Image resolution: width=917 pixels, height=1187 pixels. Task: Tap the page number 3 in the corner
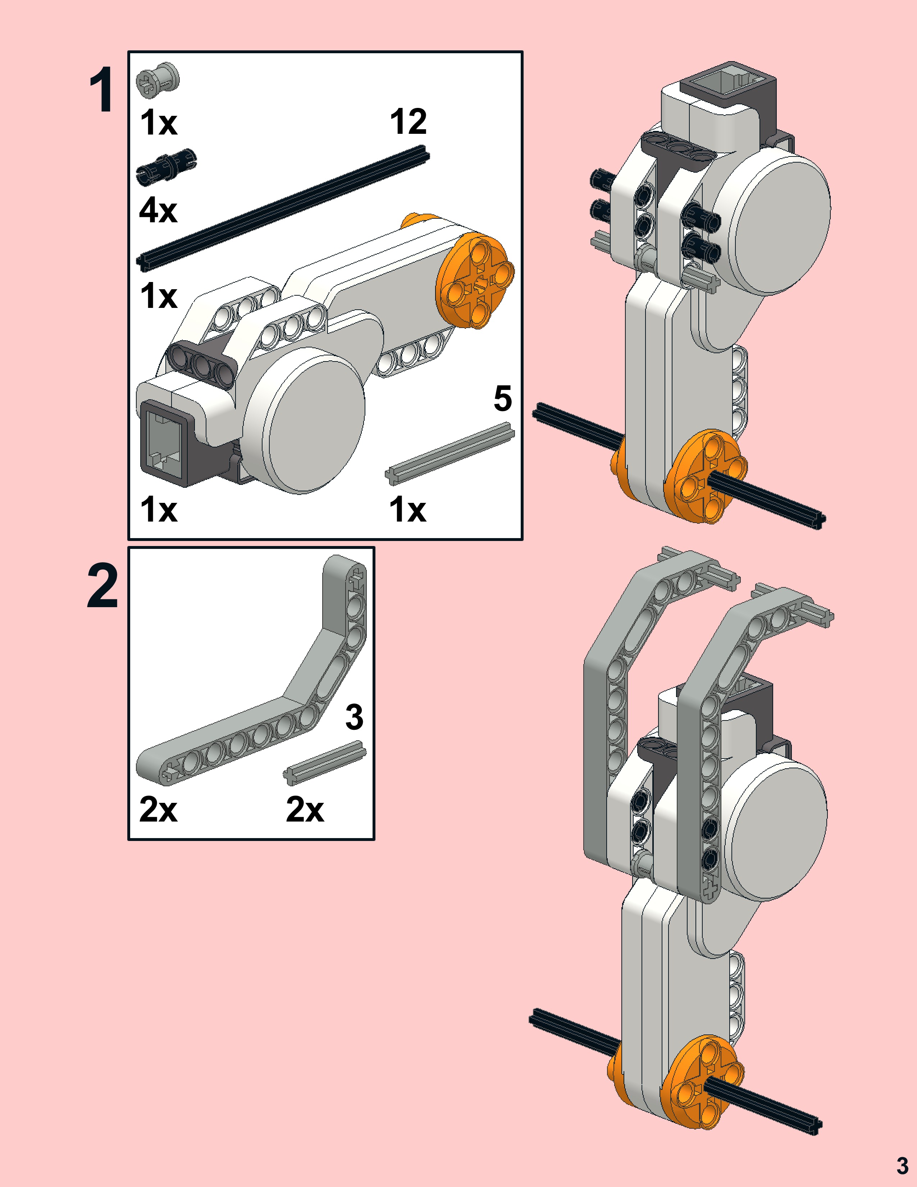tap(902, 1165)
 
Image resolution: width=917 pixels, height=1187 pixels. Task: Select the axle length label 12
tap(408, 121)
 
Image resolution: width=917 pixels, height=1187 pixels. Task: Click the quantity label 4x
tap(158, 210)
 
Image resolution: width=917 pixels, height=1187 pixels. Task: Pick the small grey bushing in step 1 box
tap(157, 81)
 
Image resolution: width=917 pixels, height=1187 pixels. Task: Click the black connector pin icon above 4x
tap(166, 166)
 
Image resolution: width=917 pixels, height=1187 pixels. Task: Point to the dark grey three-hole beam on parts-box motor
tap(201, 364)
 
